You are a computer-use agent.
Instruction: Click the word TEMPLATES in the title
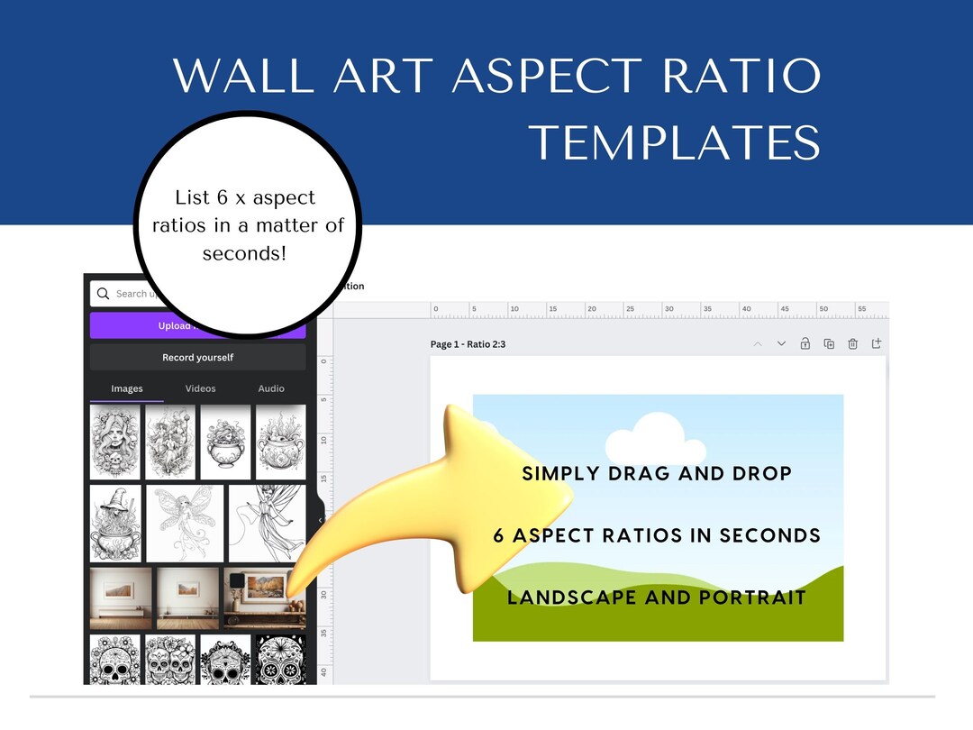[674, 142]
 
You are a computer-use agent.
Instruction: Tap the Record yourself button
[197, 358]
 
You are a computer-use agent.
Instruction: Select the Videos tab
[200, 388]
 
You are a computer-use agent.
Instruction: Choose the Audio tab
[271, 388]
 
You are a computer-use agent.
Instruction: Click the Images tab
[127, 388]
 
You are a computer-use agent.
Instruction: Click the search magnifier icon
[103, 294]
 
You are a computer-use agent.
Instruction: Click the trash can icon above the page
[852, 344]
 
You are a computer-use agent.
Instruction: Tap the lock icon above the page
[805, 344]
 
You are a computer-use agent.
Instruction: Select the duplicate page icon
[829, 344]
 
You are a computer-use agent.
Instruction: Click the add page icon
[877, 344]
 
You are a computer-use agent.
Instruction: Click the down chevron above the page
[781, 344]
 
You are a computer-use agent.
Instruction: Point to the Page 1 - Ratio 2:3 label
[468, 344]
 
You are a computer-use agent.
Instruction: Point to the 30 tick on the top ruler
[668, 309]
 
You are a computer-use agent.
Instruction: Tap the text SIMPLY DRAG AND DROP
[657, 473]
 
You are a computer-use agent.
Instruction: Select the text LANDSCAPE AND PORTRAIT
[657, 597]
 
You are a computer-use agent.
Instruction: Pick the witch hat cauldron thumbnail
[116, 523]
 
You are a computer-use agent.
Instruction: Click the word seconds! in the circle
[244, 253]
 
